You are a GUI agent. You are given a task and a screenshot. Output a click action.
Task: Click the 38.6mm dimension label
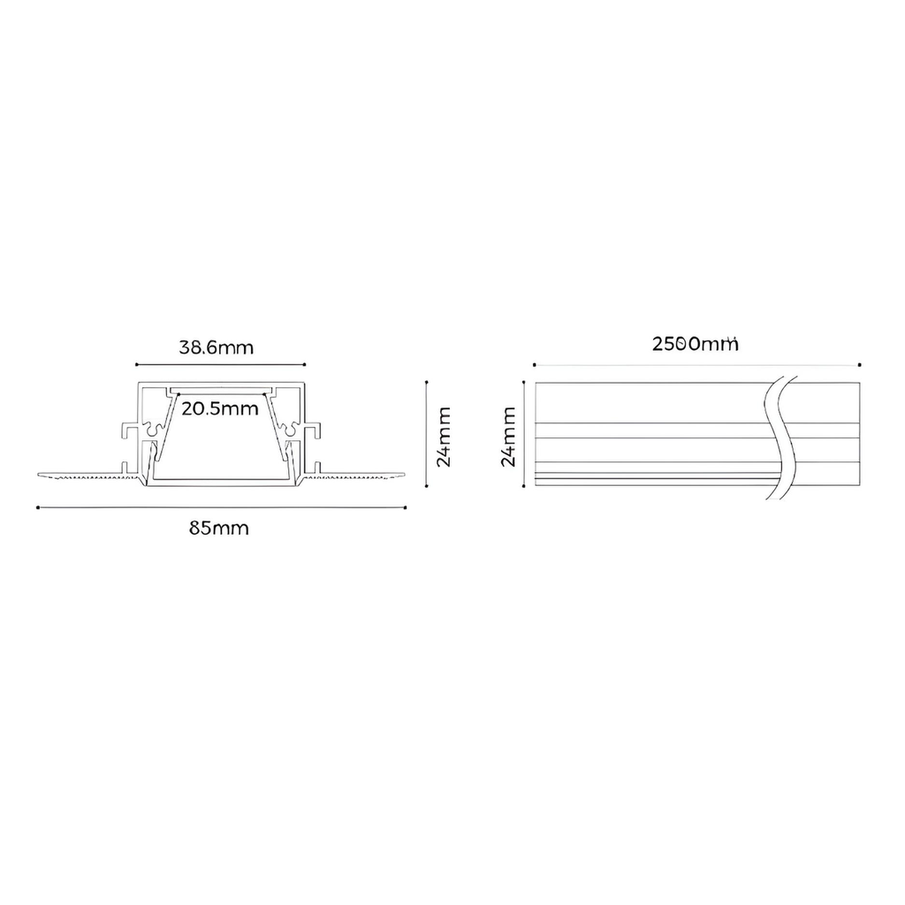pyautogui.click(x=216, y=347)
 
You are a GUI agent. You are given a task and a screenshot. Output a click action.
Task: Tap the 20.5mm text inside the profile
pyautogui.click(x=220, y=408)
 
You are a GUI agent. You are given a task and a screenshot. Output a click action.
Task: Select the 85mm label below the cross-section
pyautogui.click(x=219, y=529)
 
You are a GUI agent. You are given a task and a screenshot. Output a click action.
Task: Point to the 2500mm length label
pyautogui.click(x=695, y=344)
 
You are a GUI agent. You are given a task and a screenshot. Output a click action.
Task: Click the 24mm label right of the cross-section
pyautogui.click(x=444, y=437)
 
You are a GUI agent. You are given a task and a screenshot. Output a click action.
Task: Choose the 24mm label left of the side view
pyautogui.click(x=508, y=437)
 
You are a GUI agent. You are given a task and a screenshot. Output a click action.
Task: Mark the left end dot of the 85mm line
pyautogui.click(x=38, y=508)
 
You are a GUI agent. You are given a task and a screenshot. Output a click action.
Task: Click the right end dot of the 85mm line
pyautogui.click(x=405, y=508)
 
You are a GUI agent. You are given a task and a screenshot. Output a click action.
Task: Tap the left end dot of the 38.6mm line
pyautogui.click(x=136, y=365)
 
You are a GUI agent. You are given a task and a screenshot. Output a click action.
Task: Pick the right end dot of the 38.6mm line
pyautogui.click(x=304, y=365)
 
